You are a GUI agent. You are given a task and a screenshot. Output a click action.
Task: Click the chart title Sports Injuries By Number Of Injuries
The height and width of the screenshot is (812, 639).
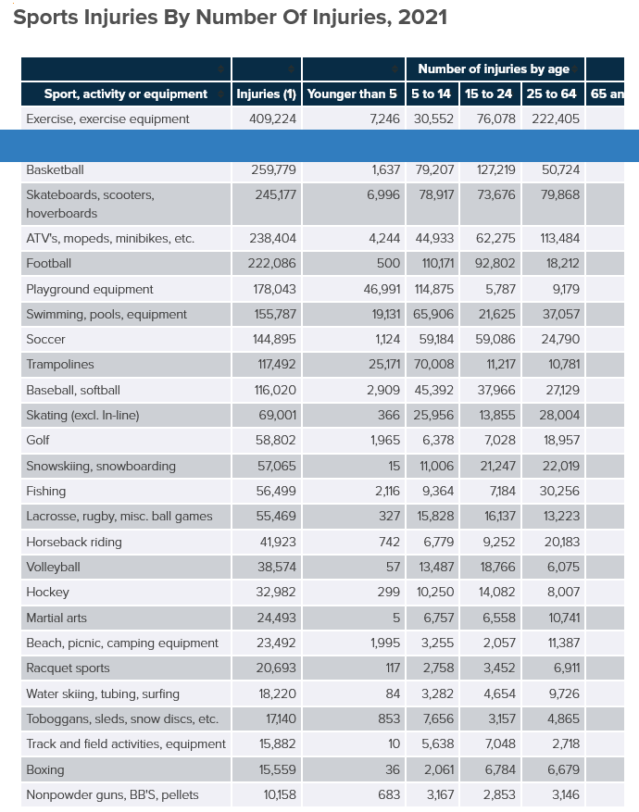pos(231,18)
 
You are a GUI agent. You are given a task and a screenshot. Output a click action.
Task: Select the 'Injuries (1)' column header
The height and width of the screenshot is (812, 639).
pos(266,94)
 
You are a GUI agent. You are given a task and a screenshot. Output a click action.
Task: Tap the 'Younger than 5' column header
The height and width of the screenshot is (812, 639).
pos(352,94)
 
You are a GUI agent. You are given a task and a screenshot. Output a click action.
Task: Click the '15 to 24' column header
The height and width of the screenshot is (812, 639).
pos(488,94)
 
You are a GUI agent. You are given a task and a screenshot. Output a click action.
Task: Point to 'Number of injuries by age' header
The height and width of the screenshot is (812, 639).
pos(493,69)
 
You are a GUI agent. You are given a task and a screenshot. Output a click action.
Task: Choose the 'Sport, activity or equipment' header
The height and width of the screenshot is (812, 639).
pos(126,94)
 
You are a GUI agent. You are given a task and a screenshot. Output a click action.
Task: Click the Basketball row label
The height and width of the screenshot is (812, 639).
pos(56,170)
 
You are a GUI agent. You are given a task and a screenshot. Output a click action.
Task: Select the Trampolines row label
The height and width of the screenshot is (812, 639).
pos(60,365)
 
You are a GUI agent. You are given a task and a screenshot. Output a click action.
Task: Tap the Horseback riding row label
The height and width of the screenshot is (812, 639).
pos(74,542)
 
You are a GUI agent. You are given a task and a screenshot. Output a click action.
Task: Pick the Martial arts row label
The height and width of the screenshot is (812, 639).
pos(56,618)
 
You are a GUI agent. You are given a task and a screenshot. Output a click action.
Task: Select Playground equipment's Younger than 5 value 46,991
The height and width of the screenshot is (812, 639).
pos(382,289)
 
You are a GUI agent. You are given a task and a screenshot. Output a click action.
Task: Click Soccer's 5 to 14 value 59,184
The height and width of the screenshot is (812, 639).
pos(432,340)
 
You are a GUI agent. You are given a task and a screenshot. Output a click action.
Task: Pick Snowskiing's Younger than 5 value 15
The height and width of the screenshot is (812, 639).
pos(394,466)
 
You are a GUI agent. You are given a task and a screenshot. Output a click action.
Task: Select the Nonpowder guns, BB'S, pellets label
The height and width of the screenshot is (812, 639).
pos(112,794)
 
